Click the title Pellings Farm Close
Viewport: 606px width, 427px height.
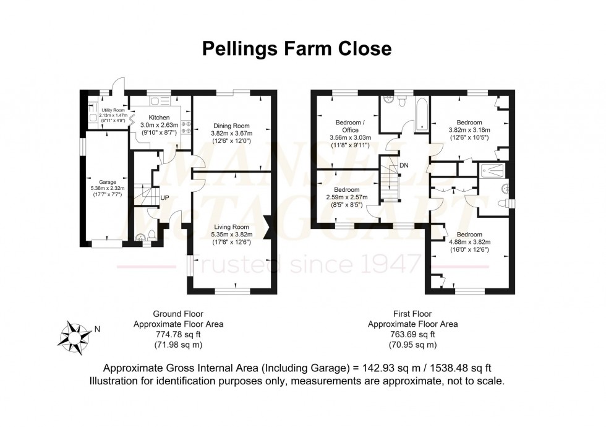(x=297, y=49)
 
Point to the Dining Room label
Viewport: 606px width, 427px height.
(x=231, y=126)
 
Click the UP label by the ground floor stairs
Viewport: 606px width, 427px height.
(x=165, y=197)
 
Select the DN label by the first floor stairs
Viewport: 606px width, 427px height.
(x=404, y=165)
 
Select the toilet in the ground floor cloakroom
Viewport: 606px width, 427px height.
(x=141, y=236)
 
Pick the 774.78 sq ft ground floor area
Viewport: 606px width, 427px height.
(x=178, y=334)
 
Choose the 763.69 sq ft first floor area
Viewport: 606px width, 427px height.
(x=412, y=334)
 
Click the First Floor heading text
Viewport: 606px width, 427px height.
(x=412, y=314)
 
